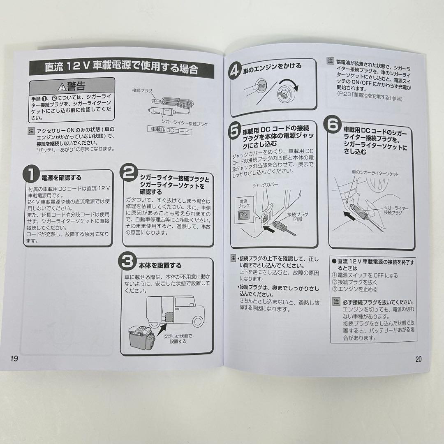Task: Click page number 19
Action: pyautogui.click(x=14, y=358)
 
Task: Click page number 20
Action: pyautogui.click(x=419, y=359)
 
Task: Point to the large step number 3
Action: pyautogui.click(x=127, y=261)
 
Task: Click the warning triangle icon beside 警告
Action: pyautogui.click(x=62, y=87)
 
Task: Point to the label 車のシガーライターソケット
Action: pyautogui.click(x=375, y=174)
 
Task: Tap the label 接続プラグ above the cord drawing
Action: pyautogui.click(x=142, y=90)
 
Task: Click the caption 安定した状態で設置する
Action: pyautogui.click(x=178, y=338)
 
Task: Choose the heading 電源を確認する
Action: pyautogui.click(x=61, y=178)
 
